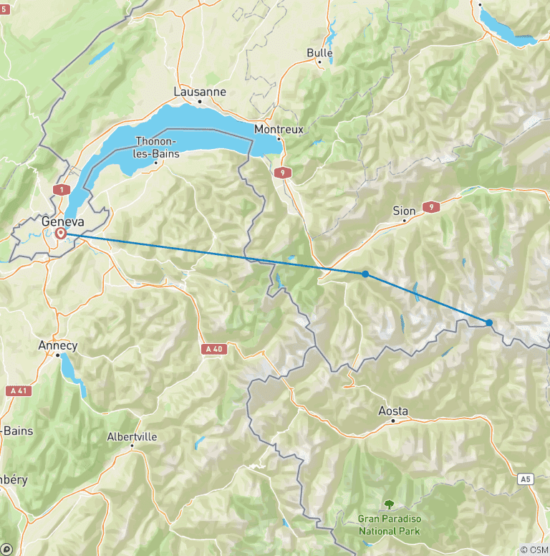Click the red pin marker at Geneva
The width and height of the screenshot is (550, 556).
pos(61,233)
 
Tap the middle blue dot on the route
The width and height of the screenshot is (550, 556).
pos(365,274)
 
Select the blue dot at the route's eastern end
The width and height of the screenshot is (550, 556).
pos(489,322)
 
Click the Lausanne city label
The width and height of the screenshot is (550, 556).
pos(200,92)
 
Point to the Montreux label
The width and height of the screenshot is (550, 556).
pos(280,129)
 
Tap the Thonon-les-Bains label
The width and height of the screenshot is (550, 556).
pos(157,148)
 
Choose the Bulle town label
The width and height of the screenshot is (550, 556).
pos(319,52)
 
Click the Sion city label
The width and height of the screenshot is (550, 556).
pos(404,211)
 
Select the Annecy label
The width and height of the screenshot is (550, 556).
pos(57,345)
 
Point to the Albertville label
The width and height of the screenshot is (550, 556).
pos(132,436)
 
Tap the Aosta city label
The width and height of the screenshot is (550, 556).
pos(393,411)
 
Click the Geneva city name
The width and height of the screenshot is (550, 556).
pos(63,221)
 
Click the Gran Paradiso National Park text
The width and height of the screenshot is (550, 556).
pos(389,524)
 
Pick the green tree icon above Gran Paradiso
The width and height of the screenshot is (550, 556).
pos(389,504)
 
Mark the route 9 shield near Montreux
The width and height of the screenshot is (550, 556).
pos(284,172)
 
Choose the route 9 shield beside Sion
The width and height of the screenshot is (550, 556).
pos(430,207)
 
